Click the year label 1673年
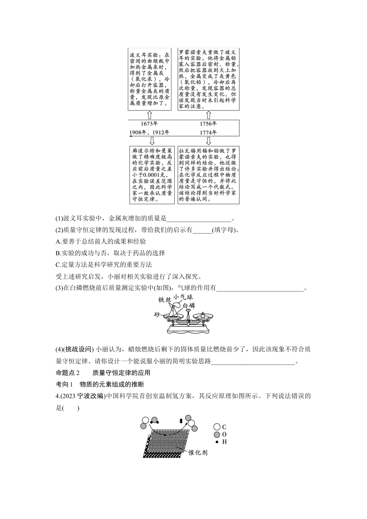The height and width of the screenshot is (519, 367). click(149, 124)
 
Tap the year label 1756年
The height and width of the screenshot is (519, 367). click(208, 124)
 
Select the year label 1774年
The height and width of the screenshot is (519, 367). click(208, 132)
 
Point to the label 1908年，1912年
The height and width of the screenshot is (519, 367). click(150, 132)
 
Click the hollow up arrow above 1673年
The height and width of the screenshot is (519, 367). click(150, 115)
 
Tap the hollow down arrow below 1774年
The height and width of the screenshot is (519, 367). click(208, 141)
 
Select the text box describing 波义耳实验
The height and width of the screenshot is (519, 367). click(150, 79)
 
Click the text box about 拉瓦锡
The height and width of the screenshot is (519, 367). click(208, 175)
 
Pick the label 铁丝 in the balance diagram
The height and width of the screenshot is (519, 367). click(164, 300)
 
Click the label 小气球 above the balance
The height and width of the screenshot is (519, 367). click(183, 297)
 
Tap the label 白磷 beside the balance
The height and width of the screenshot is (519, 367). click(189, 306)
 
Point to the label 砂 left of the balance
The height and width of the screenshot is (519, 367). click(156, 314)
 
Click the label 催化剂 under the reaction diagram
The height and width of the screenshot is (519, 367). click(198, 452)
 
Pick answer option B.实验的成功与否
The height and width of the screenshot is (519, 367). click(110, 253)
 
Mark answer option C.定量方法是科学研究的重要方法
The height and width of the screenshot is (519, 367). click(104, 265)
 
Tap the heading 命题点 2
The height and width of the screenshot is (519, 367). click(68, 373)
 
